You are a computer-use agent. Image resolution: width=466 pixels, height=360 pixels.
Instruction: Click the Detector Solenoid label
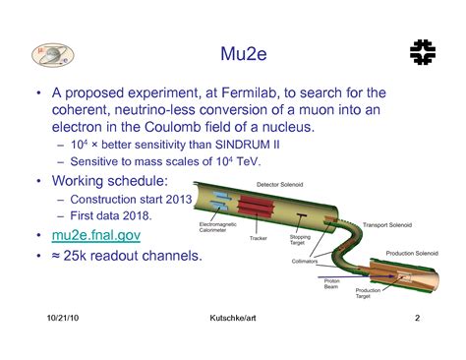click(x=282, y=184)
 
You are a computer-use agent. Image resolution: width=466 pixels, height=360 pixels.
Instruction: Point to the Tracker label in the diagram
click(x=259, y=237)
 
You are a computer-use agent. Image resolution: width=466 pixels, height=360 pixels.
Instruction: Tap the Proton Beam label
click(x=332, y=283)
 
